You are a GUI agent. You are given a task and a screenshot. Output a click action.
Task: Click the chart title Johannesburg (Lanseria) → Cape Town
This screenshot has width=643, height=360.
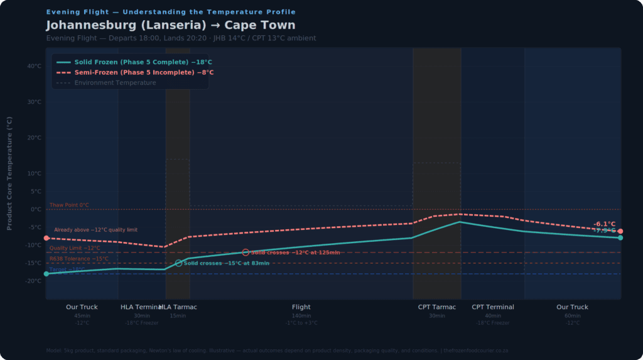(170, 26)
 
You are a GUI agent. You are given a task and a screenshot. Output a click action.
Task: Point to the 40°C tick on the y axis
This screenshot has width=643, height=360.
(34, 66)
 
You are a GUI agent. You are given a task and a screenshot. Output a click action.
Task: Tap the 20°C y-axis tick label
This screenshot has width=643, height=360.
(34, 138)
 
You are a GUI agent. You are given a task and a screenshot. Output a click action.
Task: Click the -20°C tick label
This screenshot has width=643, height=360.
(33, 281)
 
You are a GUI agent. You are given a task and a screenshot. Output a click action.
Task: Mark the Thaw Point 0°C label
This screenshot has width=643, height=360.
(69, 205)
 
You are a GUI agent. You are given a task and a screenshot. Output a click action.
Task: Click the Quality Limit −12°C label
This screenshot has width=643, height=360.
(75, 248)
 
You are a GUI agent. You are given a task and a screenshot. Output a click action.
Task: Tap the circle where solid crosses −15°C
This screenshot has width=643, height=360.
(179, 263)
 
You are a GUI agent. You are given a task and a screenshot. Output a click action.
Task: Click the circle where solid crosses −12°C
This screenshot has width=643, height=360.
(246, 252)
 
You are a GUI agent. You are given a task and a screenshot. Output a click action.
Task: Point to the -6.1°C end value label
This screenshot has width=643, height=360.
(604, 224)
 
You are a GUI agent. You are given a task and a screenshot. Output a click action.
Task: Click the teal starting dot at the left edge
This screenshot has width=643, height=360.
(46, 274)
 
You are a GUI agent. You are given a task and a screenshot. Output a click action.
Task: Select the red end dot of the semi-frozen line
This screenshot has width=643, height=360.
(620, 231)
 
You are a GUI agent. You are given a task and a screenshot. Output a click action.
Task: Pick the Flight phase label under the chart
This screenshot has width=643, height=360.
(301, 307)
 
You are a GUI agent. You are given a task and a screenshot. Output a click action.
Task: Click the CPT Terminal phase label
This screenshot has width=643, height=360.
(493, 307)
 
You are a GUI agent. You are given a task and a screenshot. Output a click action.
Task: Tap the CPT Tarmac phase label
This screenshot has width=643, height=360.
(437, 307)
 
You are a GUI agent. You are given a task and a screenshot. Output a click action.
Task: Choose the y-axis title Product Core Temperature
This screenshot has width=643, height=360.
(9, 173)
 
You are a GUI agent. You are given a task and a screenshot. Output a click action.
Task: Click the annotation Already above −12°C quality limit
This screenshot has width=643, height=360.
(95, 230)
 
